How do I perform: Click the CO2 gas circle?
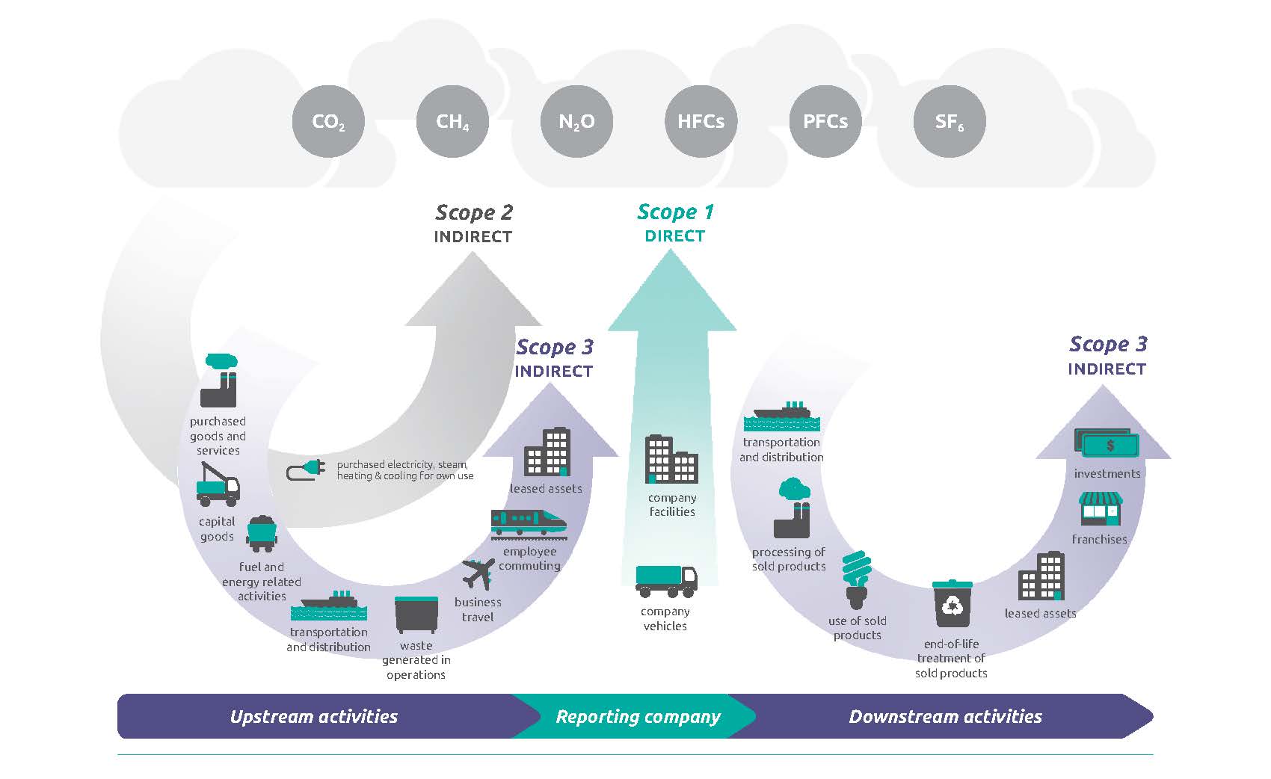[328, 121]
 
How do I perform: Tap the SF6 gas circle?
[950, 121]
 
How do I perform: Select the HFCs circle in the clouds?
[701, 121]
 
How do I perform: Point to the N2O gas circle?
[576, 121]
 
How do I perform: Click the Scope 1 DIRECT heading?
[675, 223]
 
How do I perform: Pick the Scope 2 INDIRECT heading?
[473, 224]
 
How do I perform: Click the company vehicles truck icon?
[666, 581]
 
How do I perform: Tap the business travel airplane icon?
[478, 573]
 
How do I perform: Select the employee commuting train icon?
[529, 523]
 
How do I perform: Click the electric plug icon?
[306, 470]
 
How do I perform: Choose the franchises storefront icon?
[1101, 509]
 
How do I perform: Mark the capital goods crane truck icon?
[218, 484]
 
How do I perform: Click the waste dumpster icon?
[416, 615]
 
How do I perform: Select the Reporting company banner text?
[638, 716]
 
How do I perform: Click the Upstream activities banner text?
[314, 716]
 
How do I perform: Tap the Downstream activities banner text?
[945, 716]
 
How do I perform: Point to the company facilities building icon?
[671, 459]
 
